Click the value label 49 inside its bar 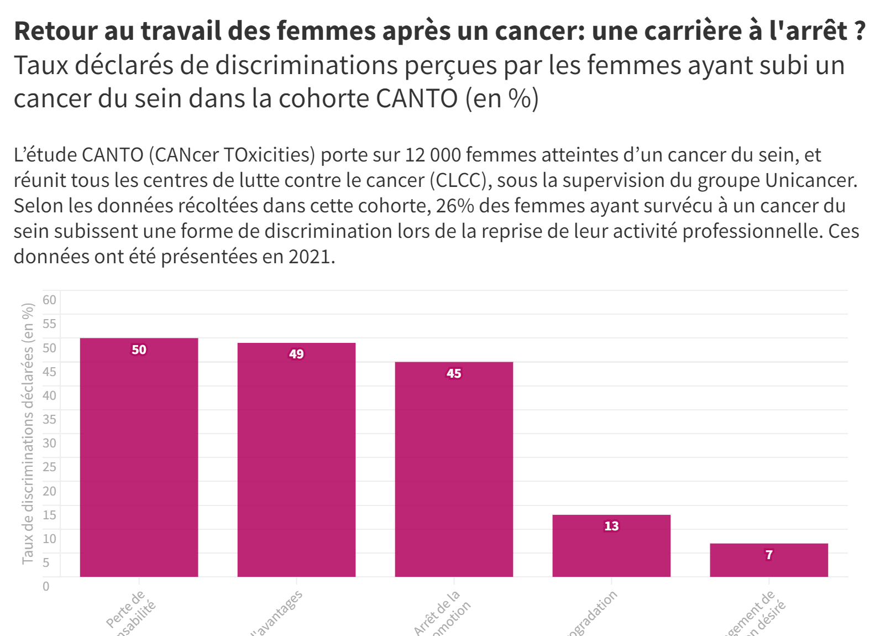296,354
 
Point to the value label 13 611,526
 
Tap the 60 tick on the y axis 49,300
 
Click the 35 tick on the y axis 49,419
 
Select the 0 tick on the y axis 46,586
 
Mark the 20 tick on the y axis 49,491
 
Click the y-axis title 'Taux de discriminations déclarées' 28,434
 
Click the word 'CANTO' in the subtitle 417,98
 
